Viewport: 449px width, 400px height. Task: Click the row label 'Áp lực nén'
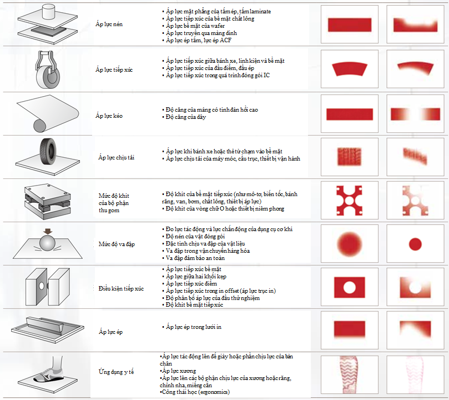coord(109,24)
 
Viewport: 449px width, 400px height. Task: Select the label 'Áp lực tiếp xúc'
coord(114,69)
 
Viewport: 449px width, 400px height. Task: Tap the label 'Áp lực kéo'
coord(109,116)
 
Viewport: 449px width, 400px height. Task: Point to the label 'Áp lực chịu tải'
coord(116,157)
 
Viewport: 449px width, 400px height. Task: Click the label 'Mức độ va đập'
coord(117,244)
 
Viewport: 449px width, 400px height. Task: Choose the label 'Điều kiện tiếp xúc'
coord(121,288)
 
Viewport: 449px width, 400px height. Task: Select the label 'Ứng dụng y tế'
coord(116,372)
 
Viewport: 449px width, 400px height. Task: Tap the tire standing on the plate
coord(48,152)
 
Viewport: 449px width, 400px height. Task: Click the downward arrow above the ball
coord(48,232)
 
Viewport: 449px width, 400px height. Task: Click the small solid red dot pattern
coord(415,244)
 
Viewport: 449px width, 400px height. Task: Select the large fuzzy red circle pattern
coord(350,244)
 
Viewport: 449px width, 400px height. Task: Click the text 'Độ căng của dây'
coord(185,117)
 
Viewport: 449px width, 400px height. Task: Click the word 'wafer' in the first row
coord(218,26)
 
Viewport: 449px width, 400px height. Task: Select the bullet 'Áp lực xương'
coord(178,371)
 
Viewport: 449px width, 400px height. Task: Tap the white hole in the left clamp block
coord(42,286)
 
